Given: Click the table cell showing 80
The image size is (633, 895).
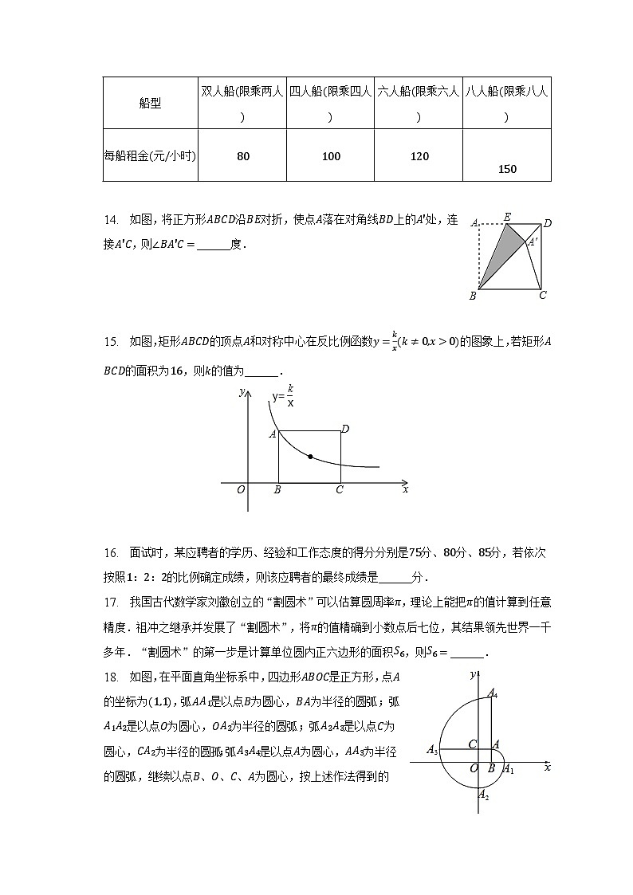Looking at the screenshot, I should coord(242,156).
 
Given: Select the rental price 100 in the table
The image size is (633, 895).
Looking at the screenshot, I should coord(331,156).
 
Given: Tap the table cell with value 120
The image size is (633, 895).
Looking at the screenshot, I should coord(419,156).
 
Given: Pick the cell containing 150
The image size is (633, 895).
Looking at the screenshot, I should coord(507,169).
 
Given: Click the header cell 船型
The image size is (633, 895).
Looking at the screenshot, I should coord(150,104).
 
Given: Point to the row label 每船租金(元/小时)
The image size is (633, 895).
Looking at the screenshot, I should coord(150,156).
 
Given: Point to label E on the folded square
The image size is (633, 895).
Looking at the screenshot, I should coord(507,216).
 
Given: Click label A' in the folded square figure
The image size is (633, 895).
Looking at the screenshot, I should coord(533,241).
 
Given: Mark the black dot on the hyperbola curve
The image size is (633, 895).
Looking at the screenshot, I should coord(310,457).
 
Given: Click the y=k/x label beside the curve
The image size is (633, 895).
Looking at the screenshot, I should coord(284,398).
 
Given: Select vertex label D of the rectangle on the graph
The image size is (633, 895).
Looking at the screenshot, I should coord(345,430).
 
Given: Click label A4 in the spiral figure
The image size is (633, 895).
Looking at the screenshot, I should coord(493,693).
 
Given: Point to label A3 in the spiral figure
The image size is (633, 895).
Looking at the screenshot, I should coord(432,749).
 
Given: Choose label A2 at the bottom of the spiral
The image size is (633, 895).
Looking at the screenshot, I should coord(483,795).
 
